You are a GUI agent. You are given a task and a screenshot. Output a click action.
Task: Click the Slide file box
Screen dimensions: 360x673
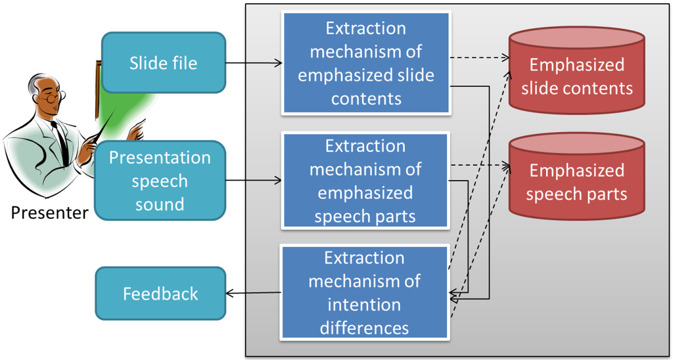point(163,64)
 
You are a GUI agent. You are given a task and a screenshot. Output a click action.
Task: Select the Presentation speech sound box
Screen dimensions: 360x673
point(160,181)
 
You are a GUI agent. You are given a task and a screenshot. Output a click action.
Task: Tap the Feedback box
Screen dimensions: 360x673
point(160,294)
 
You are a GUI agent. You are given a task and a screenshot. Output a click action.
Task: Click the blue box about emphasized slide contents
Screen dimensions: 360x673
point(365,64)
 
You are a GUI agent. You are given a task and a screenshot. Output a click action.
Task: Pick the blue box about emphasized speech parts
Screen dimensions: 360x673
point(365,181)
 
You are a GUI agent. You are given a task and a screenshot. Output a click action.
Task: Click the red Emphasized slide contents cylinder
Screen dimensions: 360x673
point(577,76)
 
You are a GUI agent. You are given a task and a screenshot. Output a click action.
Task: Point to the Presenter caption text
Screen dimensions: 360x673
point(49,213)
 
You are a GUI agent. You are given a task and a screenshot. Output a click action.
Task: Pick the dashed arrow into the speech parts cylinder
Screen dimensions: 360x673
point(480,164)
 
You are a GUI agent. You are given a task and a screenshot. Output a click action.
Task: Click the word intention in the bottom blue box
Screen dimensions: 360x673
point(365,305)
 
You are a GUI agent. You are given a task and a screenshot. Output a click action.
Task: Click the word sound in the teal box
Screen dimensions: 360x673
point(160,204)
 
